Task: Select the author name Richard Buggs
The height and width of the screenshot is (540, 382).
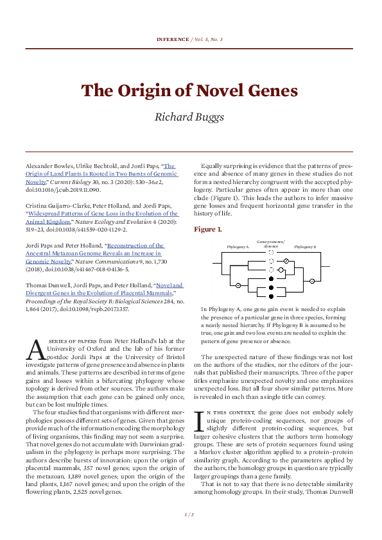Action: coord(191,116)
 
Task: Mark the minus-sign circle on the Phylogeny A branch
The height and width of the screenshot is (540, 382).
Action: coord(238,283)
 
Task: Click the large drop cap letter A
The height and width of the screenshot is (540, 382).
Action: coord(35,350)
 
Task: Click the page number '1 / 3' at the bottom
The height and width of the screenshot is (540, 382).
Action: coord(191,515)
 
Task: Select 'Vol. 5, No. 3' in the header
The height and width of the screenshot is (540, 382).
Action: coord(206,39)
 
